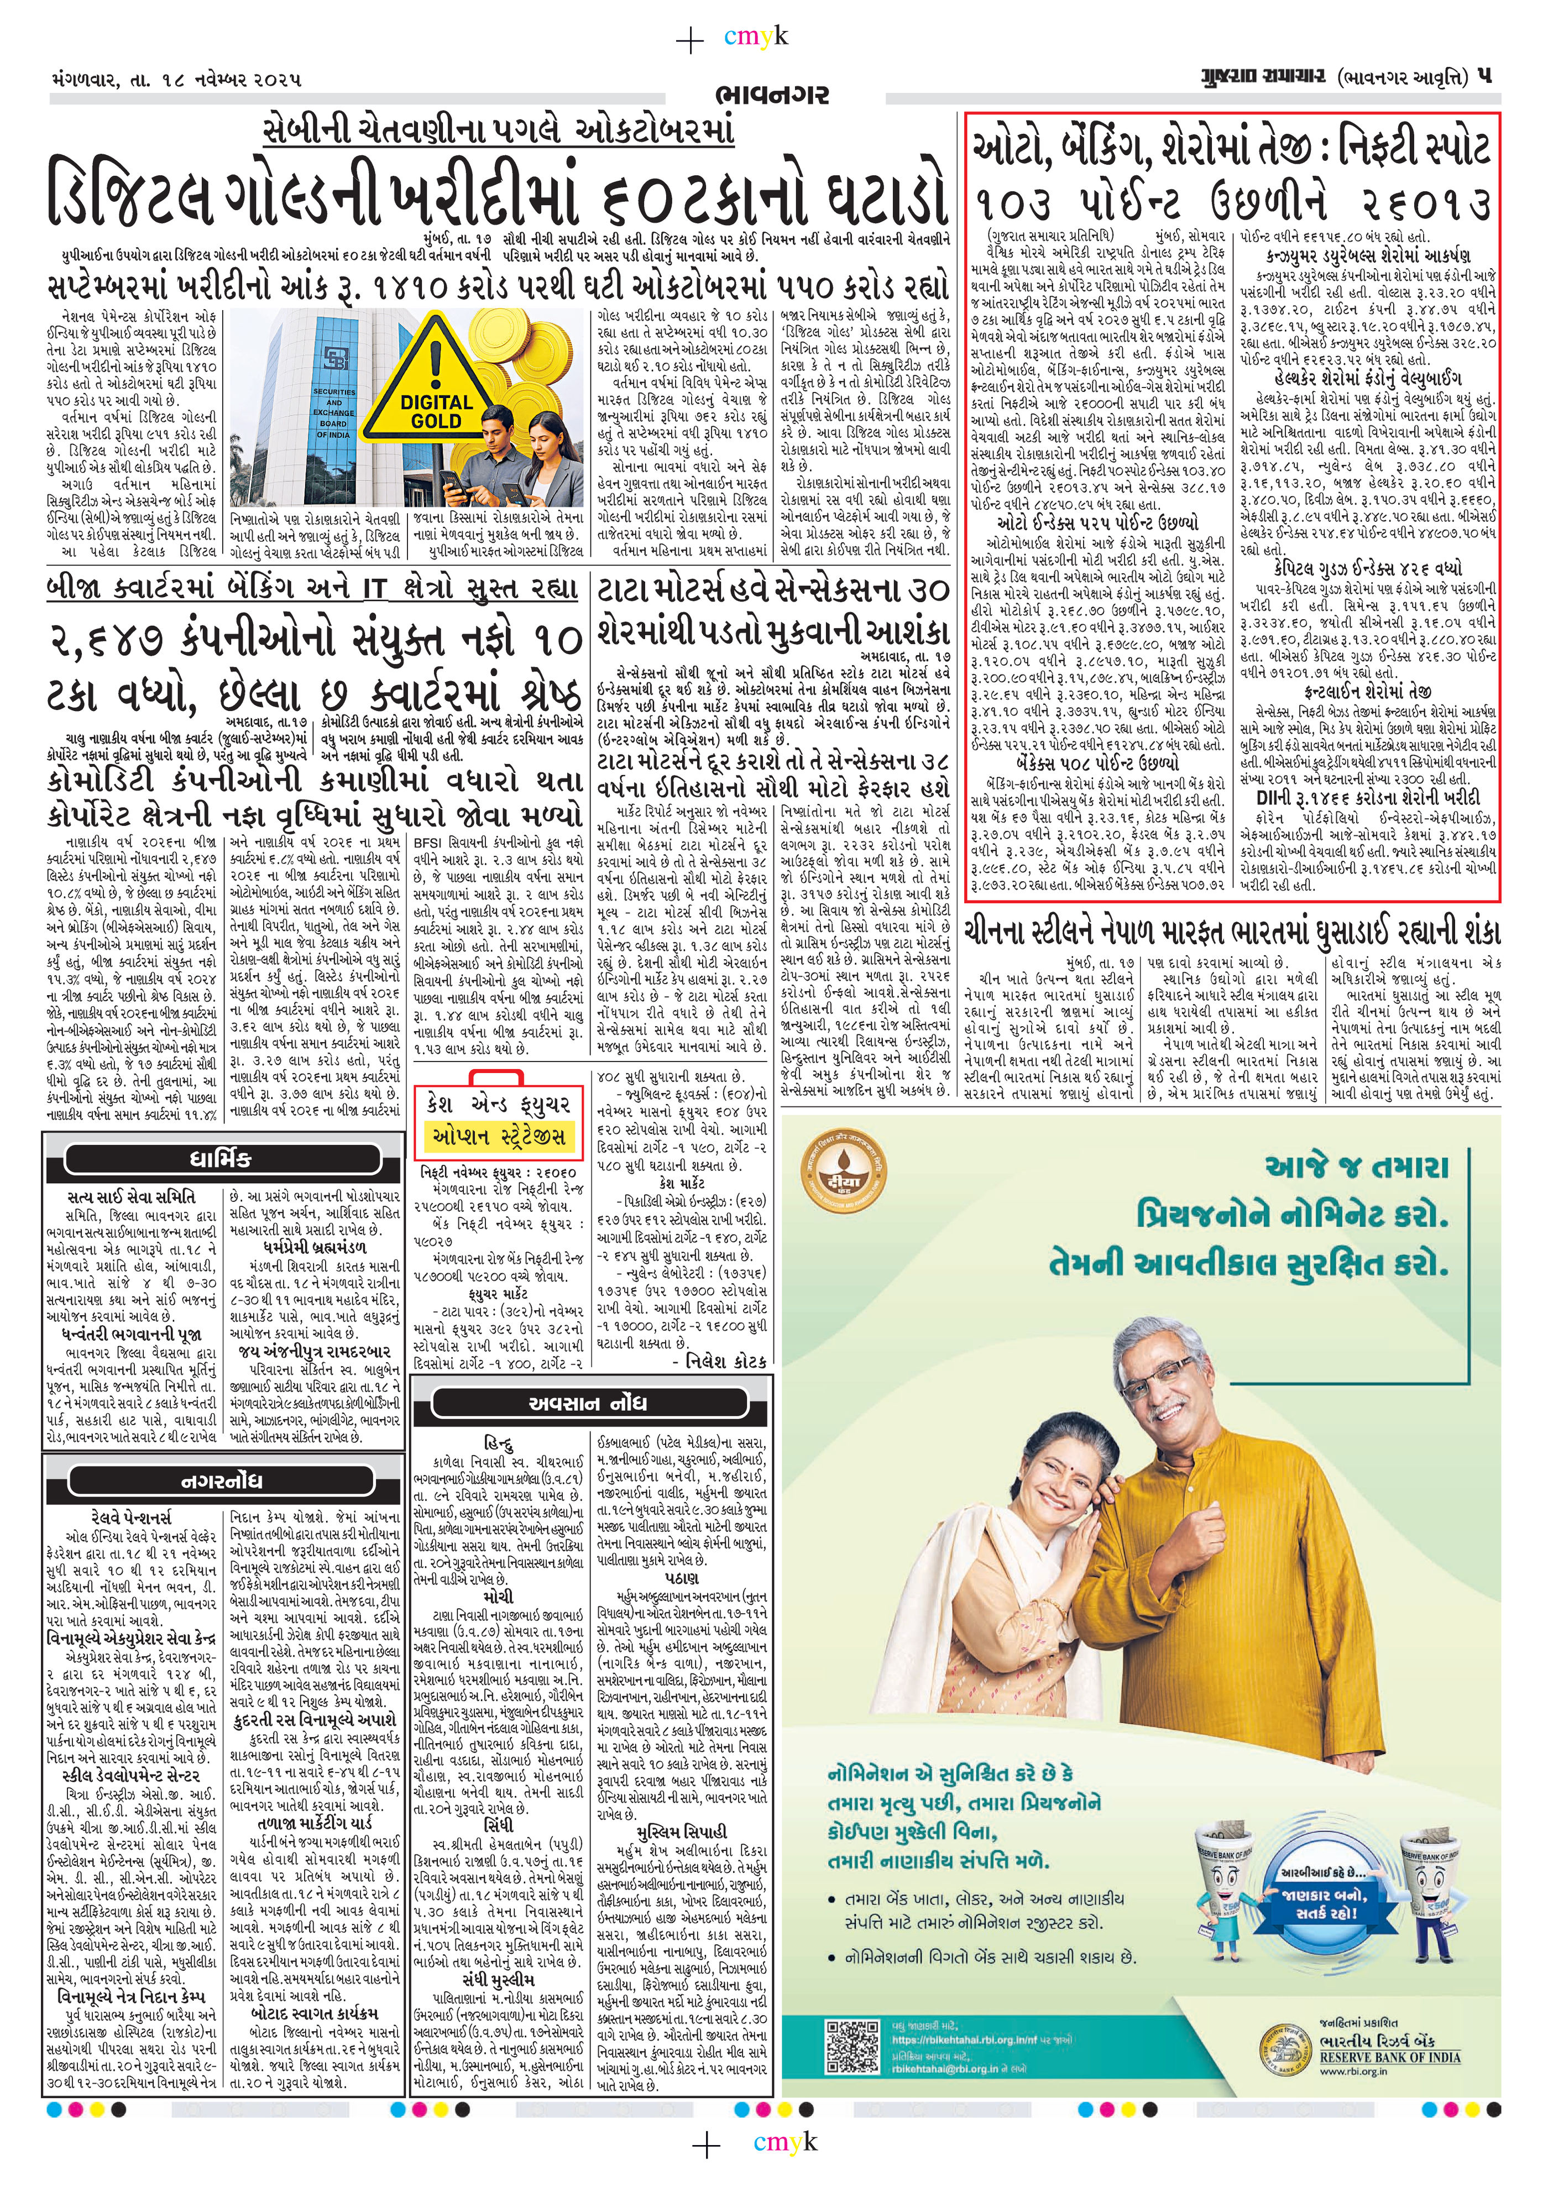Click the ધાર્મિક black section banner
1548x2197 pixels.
click(221, 1160)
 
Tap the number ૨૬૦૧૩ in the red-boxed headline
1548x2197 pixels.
click(1411, 204)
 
